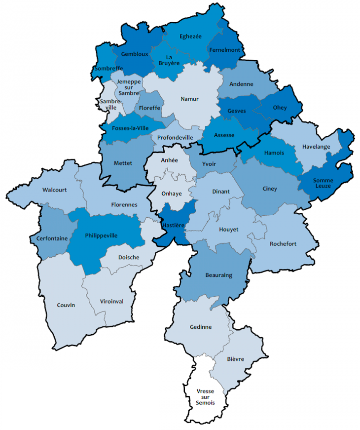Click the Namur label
point(189,99)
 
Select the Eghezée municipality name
point(190,36)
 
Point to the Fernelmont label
point(224,50)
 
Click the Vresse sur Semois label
point(205,397)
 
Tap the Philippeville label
point(101,235)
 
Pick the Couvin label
point(66,305)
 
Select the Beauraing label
point(218,275)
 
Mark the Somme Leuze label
point(323,183)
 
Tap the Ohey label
point(280,108)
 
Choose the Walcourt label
point(55,189)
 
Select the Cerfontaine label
point(51,238)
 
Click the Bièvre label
point(236,359)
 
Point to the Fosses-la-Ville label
point(130,128)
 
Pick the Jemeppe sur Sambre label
point(129,87)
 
